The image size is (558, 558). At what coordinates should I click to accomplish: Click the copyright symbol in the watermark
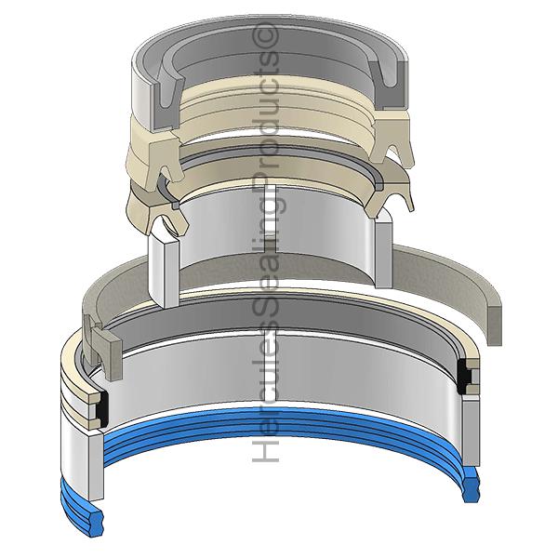click(x=265, y=36)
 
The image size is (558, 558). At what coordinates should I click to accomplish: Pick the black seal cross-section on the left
click(x=102, y=409)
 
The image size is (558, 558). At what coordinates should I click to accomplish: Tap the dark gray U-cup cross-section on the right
click(x=387, y=86)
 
